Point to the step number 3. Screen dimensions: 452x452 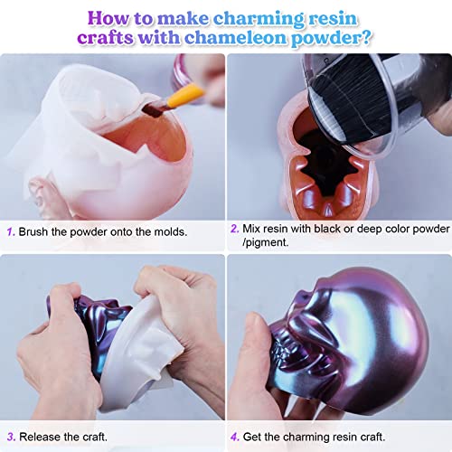tap(11, 437)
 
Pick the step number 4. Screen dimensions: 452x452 tap(234, 437)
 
